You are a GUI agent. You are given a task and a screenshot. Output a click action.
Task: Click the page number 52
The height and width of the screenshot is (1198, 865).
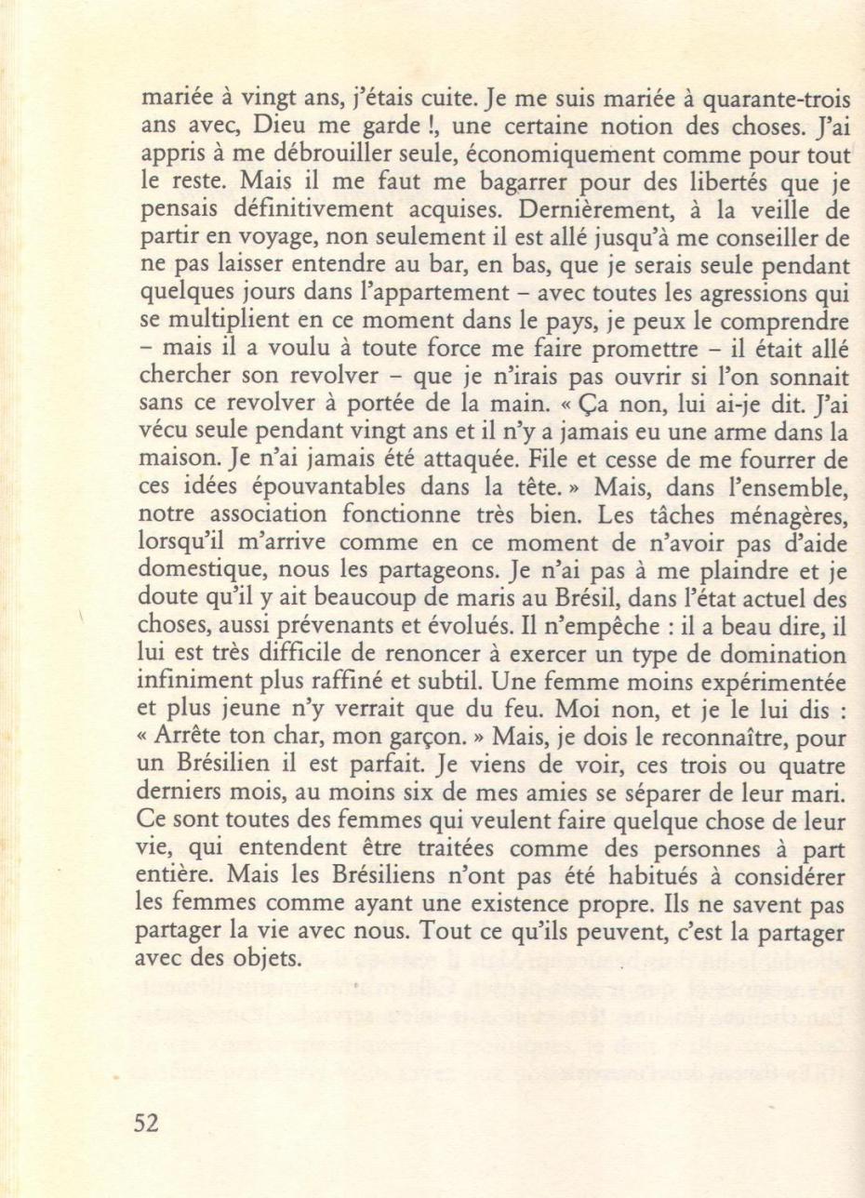point(145,1123)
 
